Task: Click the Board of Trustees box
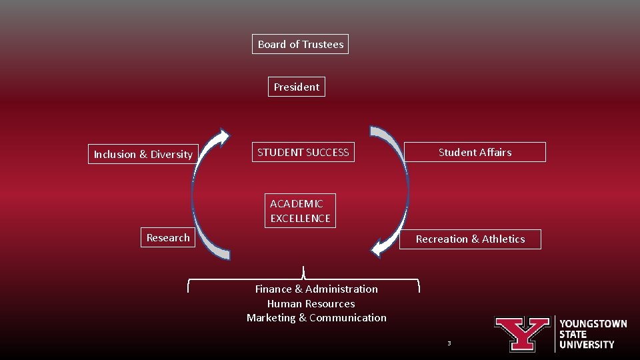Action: [x=301, y=45]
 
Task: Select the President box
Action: [x=297, y=87]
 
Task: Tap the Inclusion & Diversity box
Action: [x=143, y=154]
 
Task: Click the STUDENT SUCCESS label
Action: [x=303, y=152]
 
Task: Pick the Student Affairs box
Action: [x=475, y=152]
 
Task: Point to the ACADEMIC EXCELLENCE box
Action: [x=300, y=211]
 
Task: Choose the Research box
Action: [x=168, y=237]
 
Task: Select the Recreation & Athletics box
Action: [x=470, y=239]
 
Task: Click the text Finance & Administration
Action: [x=316, y=289]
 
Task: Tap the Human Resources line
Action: [x=311, y=303]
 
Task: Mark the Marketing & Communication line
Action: [x=316, y=317]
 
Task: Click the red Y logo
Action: [x=522, y=333]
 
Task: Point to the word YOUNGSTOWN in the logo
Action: [x=593, y=324]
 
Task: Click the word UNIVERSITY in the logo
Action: [x=587, y=345]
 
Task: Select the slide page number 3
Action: [x=449, y=343]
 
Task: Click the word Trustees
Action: [x=323, y=45]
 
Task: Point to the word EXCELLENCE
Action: [x=300, y=218]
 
